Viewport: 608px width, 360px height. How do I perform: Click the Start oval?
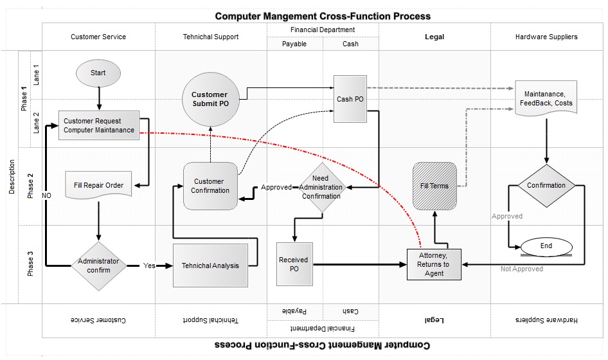pos(98,73)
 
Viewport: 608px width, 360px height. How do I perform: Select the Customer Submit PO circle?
pos(210,100)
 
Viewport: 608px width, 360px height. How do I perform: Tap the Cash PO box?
pos(350,99)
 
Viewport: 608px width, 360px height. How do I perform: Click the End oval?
pos(546,246)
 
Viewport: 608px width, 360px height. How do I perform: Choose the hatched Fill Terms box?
pos(434,186)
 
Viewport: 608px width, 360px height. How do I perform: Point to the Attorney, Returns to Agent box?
pos(434,264)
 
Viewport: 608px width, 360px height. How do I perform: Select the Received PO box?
pos(294,264)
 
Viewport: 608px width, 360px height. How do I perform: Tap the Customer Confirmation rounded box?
pos(210,186)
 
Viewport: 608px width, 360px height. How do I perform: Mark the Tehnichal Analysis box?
pos(210,265)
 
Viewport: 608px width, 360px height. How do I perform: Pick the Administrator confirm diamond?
pos(98,265)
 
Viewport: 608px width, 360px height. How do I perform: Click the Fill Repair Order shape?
pos(98,186)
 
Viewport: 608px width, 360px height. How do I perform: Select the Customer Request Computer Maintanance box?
pos(99,125)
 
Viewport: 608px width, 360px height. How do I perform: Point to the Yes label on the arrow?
pos(149,265)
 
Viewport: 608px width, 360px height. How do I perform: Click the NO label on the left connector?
pos(46,195)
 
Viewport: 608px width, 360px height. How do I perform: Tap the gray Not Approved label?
pos(521,269)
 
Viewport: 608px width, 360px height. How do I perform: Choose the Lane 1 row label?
pos(37,75)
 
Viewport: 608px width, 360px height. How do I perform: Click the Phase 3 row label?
pos(31,264)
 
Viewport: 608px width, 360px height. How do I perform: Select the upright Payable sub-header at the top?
pos(294,44)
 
